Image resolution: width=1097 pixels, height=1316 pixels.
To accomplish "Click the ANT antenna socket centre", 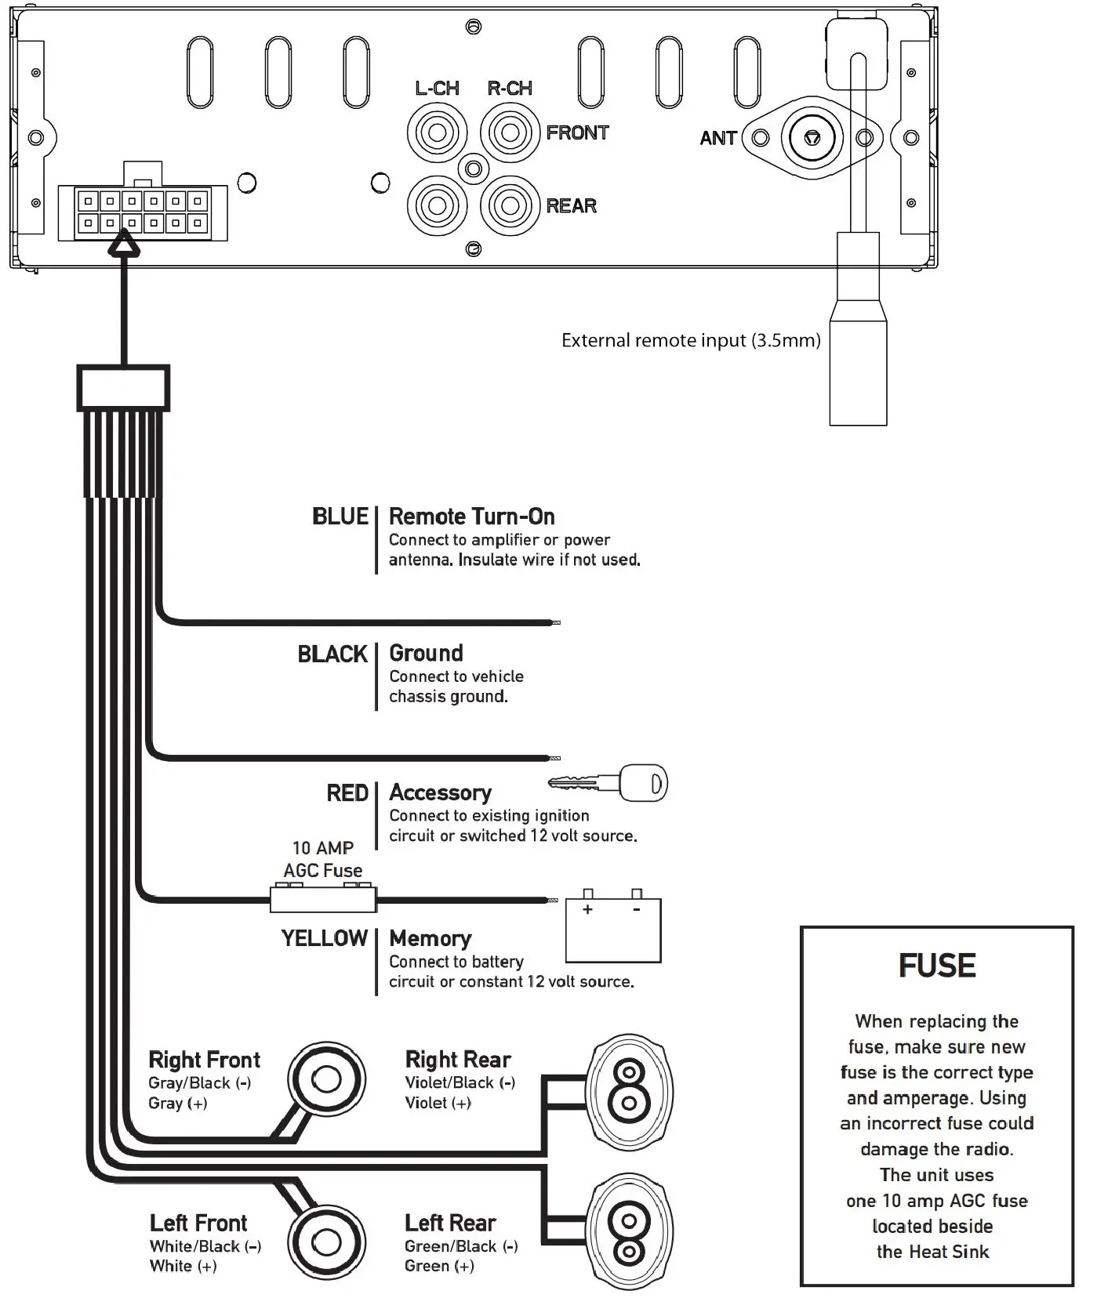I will point(812,138).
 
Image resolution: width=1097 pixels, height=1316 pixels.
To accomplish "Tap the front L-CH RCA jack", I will point(437,132).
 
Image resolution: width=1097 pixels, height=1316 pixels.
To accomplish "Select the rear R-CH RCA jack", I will point(510,205).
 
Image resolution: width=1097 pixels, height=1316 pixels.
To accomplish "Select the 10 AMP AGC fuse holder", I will point(323,899).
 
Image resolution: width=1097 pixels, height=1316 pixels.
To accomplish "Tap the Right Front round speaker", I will point(326,1079).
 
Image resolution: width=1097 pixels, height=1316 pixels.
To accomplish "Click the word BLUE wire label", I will point(340,517).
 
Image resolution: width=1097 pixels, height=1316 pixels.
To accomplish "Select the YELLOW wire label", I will point(324,938).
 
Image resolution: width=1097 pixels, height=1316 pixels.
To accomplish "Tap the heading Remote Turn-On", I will point(471,517).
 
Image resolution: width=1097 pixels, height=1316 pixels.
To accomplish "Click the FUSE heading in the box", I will point(937,966).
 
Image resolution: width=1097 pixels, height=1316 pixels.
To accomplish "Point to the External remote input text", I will point(691,340).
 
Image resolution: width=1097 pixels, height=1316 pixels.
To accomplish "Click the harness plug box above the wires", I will point(123,388).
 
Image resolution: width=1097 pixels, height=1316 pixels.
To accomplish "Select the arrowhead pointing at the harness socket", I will point(123,248).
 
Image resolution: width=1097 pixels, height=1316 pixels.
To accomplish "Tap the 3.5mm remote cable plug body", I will point(858,368).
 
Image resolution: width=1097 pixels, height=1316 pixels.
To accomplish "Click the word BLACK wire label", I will point(332,654).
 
